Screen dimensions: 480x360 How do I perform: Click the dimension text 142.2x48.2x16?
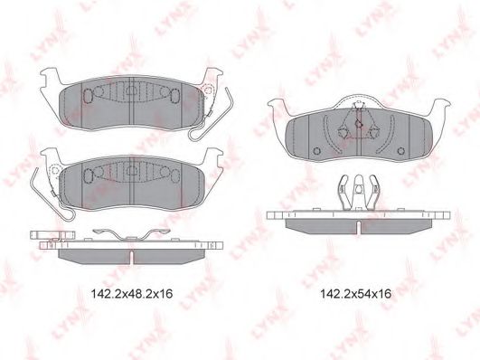132,294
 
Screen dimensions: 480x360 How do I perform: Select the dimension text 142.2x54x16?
355,294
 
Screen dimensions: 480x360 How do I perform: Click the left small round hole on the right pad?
317,151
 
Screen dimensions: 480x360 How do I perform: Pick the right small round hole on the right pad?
400,151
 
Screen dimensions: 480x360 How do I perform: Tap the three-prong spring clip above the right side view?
358,193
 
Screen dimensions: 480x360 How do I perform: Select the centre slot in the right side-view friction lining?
358,227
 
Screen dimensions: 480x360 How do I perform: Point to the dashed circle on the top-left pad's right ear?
208,90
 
